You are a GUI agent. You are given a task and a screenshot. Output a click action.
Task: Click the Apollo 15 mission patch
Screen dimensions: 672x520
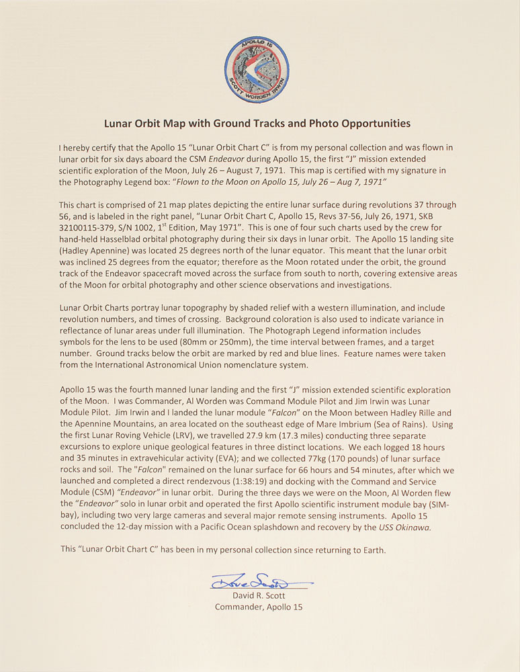click(x=259, y=69)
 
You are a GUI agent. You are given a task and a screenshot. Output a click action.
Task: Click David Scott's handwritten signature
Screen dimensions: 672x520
click(x=259, y=579)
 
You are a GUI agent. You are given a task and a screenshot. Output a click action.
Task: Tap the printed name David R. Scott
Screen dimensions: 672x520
click(x=259, y=595)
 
